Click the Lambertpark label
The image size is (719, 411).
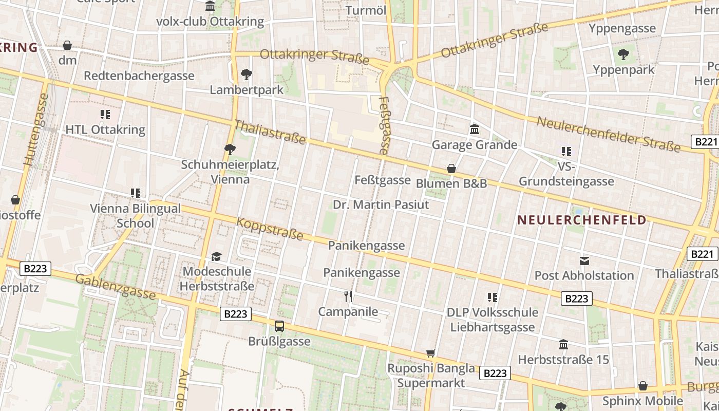[x=247, y=90]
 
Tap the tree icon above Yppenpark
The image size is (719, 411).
[x=623, y=53]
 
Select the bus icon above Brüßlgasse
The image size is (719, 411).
[x=279, y=326]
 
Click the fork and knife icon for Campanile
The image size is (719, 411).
[x=348, y=296]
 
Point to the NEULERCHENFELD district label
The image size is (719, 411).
[x=581, y=220]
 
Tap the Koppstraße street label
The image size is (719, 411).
[x=270, y=229]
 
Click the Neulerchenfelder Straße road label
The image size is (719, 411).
[x=609, y=134]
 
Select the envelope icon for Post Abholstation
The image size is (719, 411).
[x=584, y=260]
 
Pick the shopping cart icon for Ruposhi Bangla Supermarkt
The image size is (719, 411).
[x=431, y=353]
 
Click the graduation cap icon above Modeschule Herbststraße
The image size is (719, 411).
[x=217, y=256]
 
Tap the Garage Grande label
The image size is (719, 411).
[x=474, y=145]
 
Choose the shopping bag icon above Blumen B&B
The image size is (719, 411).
[x=451, y=169]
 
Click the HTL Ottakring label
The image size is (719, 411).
[x=105, y=129]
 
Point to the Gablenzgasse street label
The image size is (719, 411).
[x=116, y=287]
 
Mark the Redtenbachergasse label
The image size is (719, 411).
[x=139, y=76]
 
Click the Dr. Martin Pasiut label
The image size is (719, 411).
[x=381, y=204]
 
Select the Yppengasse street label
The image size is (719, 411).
[x=622, y=28]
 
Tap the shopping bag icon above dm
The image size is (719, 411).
[x=67, y=45]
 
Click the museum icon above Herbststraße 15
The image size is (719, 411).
[x=563, y=344]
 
